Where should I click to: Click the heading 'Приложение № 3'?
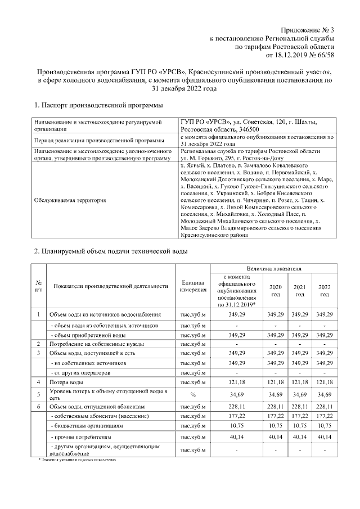307,29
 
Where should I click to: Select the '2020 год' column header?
275,290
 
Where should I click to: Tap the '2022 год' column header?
324,290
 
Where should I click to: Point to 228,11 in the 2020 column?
275,406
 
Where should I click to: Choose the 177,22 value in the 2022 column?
324,416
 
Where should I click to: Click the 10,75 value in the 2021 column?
300,426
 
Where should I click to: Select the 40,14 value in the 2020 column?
275,437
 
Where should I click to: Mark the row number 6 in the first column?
38,406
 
